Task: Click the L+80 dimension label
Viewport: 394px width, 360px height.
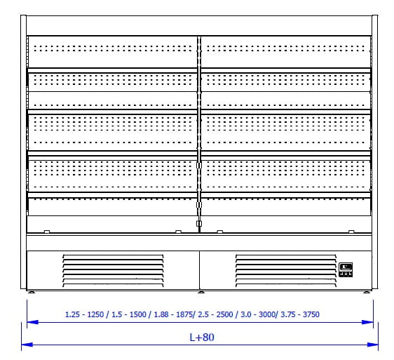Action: (202, 338)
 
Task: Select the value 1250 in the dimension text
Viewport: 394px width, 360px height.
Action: (95, 314)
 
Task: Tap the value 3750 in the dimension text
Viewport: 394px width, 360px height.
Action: (311, 314)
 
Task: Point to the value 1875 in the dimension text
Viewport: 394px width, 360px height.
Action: (184, 314)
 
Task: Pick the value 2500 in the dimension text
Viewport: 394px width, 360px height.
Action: (224, 314)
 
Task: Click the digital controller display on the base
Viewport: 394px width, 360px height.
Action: (346, 269)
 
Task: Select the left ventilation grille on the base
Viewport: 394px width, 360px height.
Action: (113, 271)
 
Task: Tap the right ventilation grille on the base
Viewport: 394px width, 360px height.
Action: (286, 271)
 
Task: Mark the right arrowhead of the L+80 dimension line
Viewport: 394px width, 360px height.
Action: (372, 345)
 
